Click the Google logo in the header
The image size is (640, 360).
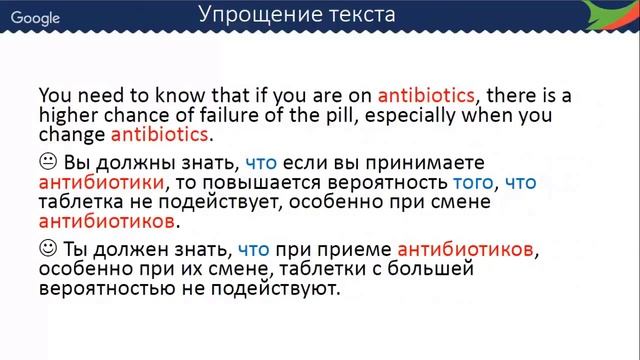[x=35, y=18]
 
